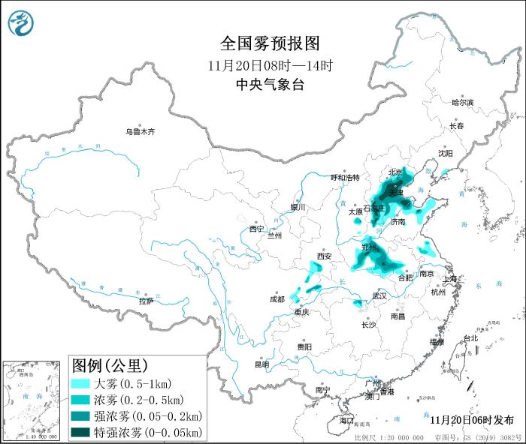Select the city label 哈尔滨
[462, 102]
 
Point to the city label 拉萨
[146, 301]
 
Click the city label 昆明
[261, 364]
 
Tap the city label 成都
[277, 299]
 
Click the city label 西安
[324, 256]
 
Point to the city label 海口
[346, 421]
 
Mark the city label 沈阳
[446, 153]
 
